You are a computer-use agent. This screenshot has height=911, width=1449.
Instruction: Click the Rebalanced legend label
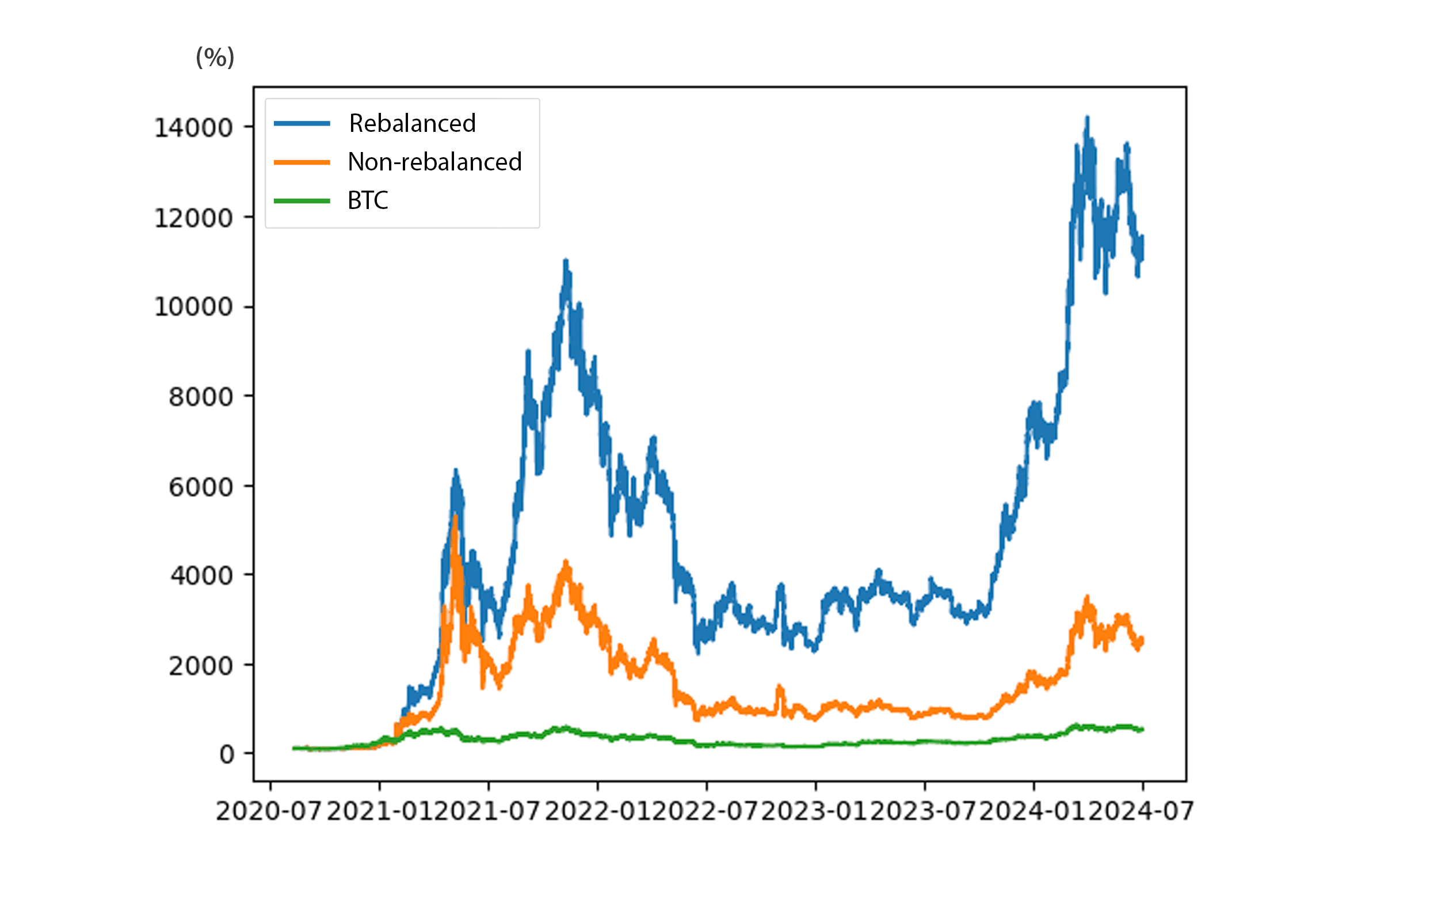point(412,123)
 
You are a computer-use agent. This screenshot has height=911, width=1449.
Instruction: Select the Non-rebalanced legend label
point(434,162)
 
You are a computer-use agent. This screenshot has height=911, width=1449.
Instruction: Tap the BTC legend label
point(368,200)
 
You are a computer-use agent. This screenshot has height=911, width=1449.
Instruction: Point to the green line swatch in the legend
point(302,200)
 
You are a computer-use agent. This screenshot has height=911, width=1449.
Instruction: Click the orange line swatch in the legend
point(302,162)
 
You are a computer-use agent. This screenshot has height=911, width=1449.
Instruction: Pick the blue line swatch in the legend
point(302,123)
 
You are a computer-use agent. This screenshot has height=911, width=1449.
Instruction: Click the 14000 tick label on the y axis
point(193,128)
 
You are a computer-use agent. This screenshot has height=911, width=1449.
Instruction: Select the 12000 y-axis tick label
point(193,218)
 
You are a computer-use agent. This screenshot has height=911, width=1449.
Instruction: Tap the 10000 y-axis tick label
point(193,307)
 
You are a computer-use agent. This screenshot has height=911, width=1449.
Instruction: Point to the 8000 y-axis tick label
point(200,397)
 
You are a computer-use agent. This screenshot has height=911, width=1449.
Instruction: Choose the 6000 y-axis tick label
point(200,487)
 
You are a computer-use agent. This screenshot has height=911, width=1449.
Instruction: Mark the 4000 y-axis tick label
point(201,576)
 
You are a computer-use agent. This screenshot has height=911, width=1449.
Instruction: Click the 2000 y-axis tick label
point(200,666)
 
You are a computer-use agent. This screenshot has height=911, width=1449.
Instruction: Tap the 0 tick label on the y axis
point(227,754)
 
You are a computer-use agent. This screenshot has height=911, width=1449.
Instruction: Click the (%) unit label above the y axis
point(215,58)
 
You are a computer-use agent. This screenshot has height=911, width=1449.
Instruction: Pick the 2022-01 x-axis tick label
point(597,811)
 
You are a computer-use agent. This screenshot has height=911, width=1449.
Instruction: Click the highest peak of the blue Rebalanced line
point(1086,118)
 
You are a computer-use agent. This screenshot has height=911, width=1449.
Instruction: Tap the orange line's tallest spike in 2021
point(456,518)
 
